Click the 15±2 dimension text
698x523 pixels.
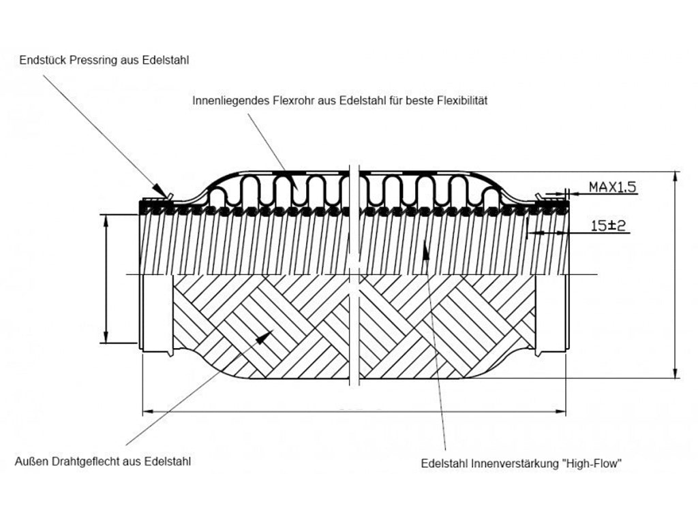coord(608,226)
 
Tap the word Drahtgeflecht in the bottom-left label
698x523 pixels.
coord(87,461)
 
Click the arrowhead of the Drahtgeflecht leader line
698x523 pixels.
coord(267,334)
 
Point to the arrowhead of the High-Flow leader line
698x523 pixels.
coord(425,247)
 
